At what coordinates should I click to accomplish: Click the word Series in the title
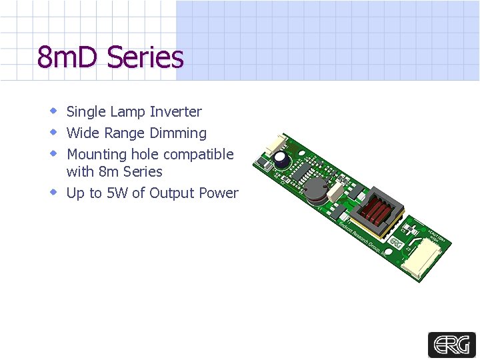click(145, 57)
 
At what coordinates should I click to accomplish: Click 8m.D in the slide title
click(69, 57)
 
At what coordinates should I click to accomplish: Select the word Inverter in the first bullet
click(176, 112)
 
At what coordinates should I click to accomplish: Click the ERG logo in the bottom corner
click(451, 345)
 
